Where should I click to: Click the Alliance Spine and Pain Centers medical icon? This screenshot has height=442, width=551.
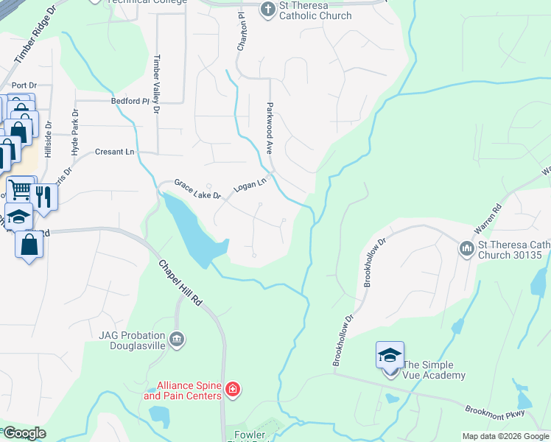pos(233,388)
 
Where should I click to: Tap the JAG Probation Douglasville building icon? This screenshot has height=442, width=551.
pos(176,339)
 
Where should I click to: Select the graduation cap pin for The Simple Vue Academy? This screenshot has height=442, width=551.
pos(390,356)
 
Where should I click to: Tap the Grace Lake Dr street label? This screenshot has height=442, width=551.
pos(197,189)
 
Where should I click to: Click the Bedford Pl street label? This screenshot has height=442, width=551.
pos(130,101)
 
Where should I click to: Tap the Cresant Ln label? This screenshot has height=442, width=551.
pos(115,152)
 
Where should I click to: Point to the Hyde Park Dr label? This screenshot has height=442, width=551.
pos(74,133)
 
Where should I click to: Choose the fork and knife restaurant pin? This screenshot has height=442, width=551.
pos(43,196)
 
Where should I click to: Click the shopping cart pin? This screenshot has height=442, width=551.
pos(20,190)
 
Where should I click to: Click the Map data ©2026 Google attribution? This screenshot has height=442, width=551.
pos(505,436)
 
